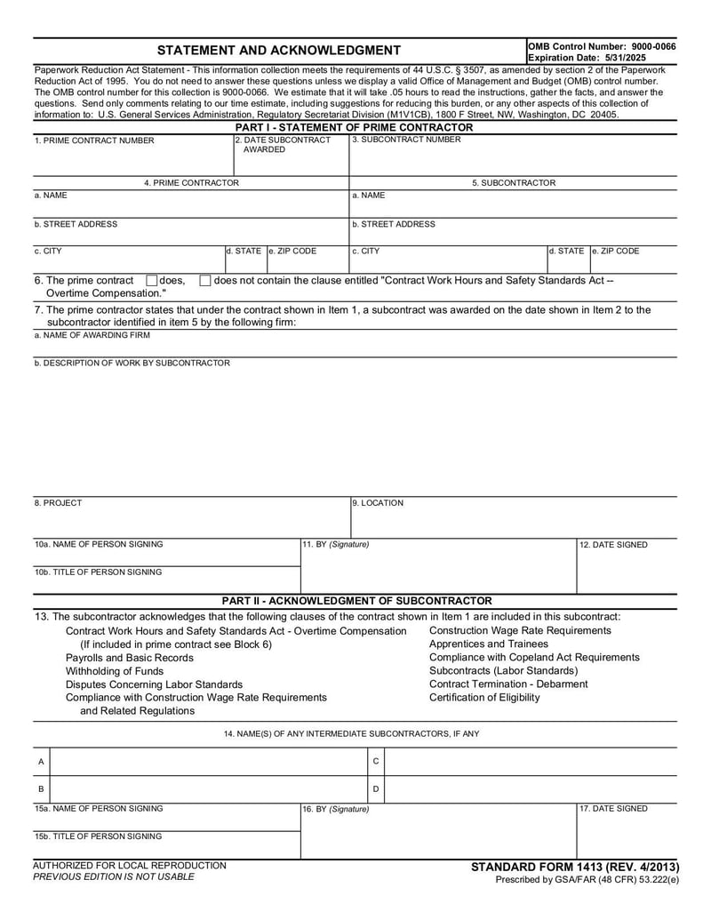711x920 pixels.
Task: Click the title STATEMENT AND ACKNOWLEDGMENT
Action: click(278, 50)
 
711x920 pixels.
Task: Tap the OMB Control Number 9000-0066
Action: click(602, 45)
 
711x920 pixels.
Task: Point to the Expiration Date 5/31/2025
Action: click(587, 57)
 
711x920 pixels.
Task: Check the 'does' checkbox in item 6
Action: click(151, 281)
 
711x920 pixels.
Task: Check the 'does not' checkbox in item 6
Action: click(205, 281)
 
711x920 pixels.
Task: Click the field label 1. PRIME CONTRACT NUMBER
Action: click(94, 140)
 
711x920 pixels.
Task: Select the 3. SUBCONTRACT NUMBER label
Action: click(406, 140)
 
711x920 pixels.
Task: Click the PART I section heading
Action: click(354, 127)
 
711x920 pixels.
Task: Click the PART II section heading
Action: click(355, 601)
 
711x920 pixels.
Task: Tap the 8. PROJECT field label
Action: click(58, 503)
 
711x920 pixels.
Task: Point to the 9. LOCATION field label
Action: click(378, 503)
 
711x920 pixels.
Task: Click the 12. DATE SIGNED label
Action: click(613, 545)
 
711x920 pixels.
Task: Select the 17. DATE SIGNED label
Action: click(613, 809)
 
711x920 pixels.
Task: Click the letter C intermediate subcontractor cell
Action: click(376, 762)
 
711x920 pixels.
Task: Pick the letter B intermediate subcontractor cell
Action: click(41, 789)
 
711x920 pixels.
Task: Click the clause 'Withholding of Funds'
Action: click(115, 671)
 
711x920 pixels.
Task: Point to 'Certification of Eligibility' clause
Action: click(483, 697)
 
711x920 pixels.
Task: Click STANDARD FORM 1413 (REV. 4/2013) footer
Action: click(574, 867)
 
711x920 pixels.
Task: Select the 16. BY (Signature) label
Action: click(337, 809)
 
